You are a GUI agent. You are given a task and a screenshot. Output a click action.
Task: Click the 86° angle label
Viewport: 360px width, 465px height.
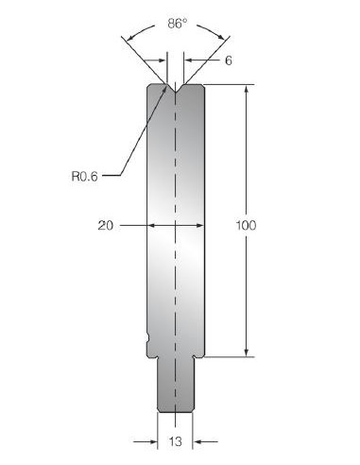coord(177,24)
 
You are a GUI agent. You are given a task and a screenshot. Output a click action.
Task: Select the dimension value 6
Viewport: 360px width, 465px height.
coord(229,60)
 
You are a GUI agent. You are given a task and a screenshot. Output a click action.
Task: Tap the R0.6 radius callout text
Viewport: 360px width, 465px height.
coord(85,176)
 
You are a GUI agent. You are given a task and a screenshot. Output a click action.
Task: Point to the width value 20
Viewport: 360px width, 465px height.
coord(105,226)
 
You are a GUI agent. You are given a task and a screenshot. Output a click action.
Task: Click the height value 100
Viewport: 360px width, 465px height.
coord(246,226)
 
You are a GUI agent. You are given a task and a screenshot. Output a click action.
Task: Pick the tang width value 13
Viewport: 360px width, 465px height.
coord(175,441)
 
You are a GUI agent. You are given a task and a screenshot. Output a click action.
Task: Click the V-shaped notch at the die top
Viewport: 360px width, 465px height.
coord(176,88)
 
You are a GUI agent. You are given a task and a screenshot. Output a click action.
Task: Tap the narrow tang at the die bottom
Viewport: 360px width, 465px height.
coord(176,385)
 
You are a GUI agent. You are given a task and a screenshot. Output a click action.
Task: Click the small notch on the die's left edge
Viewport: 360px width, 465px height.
coord(147,338)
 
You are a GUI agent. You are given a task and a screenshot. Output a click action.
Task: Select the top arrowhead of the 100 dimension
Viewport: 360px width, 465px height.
coord(247,89)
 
